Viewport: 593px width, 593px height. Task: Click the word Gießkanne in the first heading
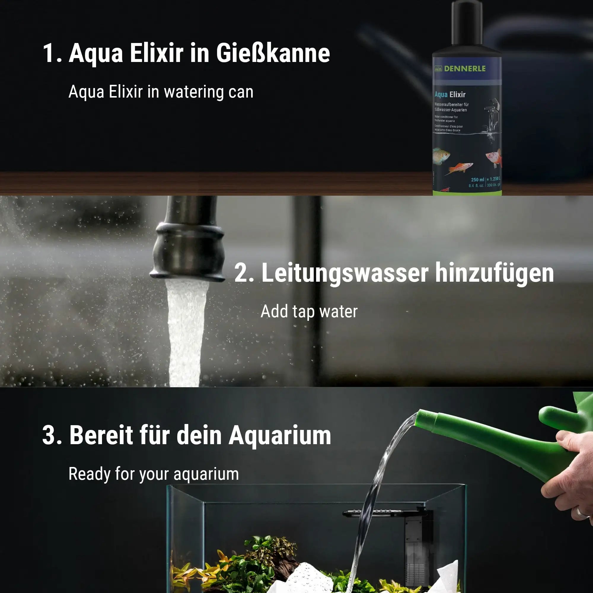tap(273, 53)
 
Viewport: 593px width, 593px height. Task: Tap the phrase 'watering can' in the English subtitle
tap(209, 92)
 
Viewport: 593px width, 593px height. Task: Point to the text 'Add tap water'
tap(309, 312)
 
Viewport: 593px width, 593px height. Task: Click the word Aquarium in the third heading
tap(280, 435)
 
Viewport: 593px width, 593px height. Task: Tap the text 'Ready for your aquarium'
tap(154, 474)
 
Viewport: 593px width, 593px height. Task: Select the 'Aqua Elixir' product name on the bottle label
tap(450, 94)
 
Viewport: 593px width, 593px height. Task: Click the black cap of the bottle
tap(467, 25)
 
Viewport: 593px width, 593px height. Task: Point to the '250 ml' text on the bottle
tap(477, 180)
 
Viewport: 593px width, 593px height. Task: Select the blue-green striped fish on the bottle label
tap(441, 155)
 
